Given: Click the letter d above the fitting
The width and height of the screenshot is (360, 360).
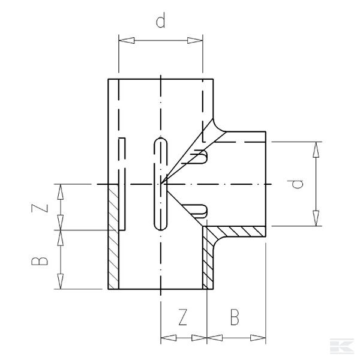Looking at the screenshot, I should [160, 22].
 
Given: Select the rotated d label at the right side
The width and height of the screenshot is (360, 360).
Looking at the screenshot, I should [298, 184].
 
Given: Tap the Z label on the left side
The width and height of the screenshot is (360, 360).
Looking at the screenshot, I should [39, 208].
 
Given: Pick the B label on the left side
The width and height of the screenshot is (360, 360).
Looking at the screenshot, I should [39, 261].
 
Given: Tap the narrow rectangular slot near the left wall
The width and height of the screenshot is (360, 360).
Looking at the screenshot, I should [122, 183].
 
